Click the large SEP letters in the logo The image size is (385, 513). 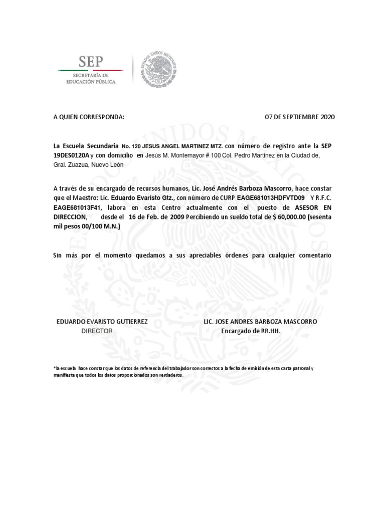(90, 62)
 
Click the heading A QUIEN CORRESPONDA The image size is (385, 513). (88, 117)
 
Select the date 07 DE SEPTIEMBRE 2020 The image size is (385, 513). (299, 117)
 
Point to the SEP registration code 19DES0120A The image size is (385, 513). (71, 155)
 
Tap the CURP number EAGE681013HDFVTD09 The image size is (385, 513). (271, 198)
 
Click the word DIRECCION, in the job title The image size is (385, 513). (71, 217)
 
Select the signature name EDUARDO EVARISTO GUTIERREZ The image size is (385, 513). (102, 322)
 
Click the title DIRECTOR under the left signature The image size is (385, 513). (97, 331)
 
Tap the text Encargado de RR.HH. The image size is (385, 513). (251, 331)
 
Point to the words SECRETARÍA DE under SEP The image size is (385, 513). (91, 75)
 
